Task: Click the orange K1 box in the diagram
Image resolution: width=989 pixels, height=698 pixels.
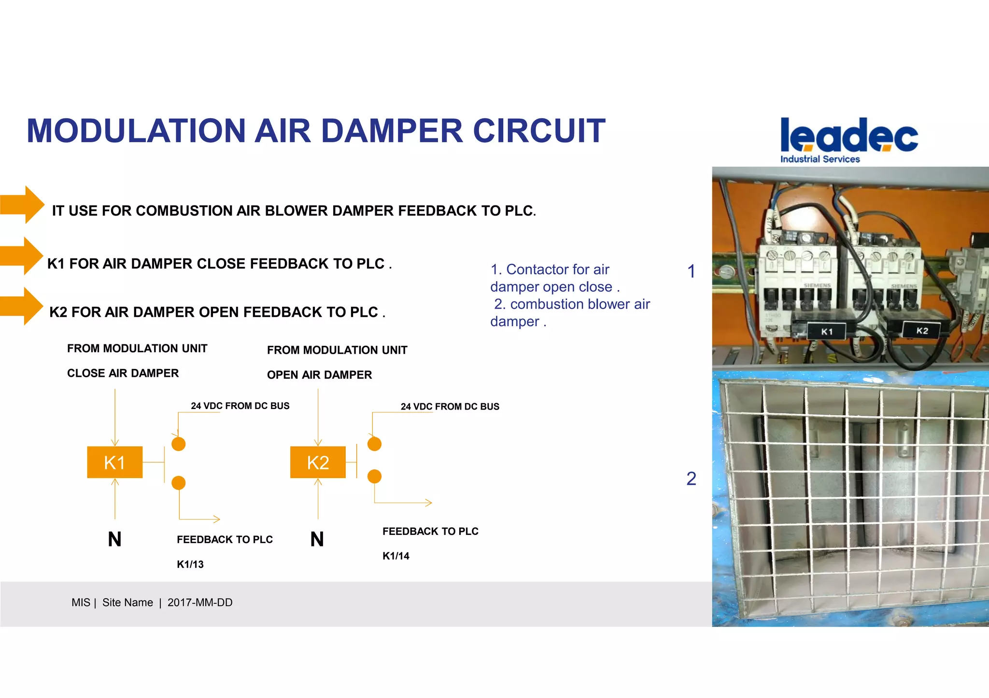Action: point(114,462)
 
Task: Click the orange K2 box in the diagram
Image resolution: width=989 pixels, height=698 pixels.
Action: point(318,462)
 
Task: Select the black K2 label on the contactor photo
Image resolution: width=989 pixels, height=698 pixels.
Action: point(922,330)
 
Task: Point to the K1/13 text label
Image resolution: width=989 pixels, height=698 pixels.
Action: point(190,564)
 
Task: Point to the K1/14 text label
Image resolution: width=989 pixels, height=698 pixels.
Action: point(396,556)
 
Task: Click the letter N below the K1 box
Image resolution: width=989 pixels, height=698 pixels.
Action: point(114,539)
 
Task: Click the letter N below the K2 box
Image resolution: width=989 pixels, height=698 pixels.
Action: point(317,539)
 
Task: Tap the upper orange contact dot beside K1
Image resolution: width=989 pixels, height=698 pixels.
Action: point(179,444)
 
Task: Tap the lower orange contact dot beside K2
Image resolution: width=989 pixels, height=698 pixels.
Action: point(374,477)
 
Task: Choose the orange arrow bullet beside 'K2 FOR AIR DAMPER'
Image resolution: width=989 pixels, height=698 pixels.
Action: point(22,306)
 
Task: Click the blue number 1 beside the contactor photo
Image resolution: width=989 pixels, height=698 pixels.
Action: point(692,271)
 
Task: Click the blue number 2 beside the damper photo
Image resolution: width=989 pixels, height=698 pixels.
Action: point(692,479)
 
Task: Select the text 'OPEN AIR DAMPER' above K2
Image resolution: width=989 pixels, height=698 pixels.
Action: point(319,375)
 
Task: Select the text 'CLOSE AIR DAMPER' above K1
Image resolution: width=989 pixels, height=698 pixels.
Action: point(123,373)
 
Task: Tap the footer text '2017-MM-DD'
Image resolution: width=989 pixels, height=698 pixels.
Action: point(200,602)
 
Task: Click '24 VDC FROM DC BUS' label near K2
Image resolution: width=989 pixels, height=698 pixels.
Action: point(450,407)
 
